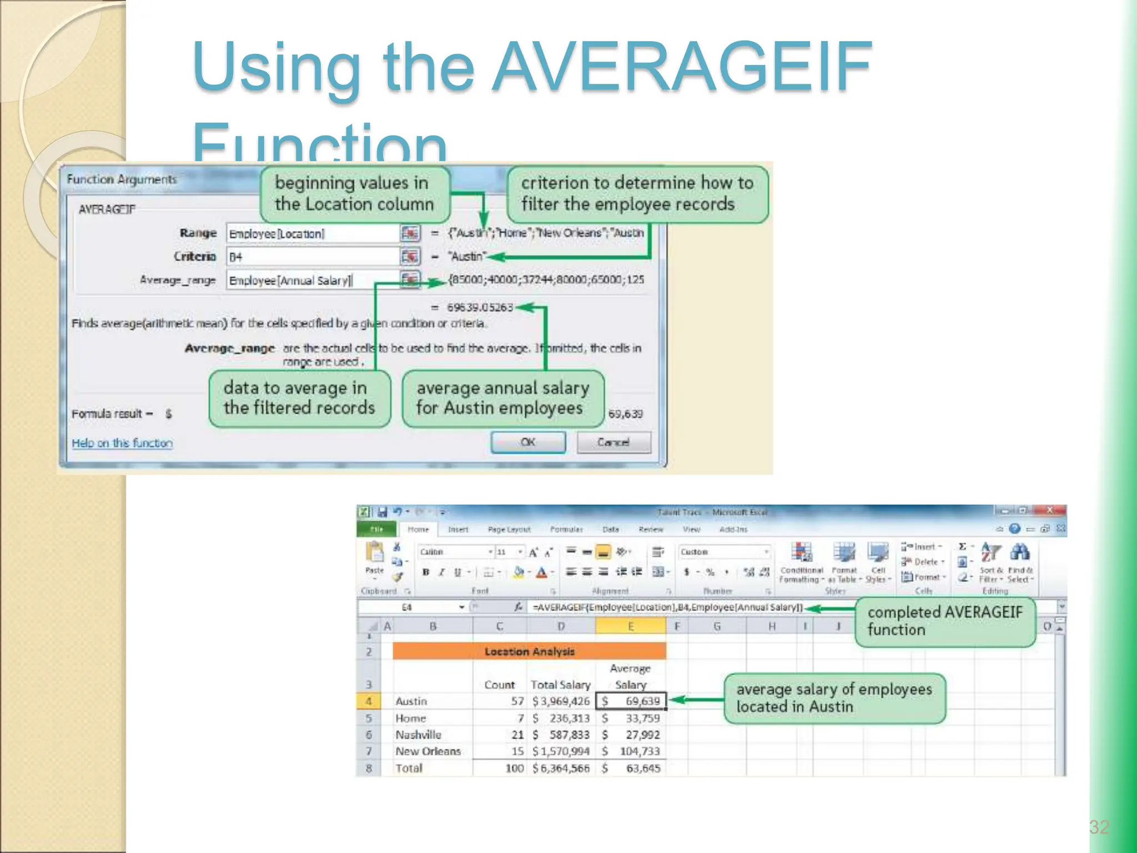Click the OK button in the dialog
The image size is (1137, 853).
click(528, 442)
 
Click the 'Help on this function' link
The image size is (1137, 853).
click(122, 443)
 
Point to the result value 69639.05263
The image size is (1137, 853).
click(480, 307)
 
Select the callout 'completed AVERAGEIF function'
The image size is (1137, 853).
click(944, 621)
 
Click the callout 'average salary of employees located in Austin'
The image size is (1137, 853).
click(834, 698)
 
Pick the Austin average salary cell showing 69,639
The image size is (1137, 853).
click(631, 701)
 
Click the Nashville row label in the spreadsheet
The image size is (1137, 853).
click(418, 735)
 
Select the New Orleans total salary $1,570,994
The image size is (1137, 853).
click(561, 751)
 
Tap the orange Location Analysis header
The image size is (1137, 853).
click(529, 651)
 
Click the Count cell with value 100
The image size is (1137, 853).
click(514, 768)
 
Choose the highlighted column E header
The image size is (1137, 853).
click(631, 626)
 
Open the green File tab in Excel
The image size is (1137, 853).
click(376, 529)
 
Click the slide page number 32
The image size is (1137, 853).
click(1099, 827)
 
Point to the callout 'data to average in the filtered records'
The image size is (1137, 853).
click(299, 398)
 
